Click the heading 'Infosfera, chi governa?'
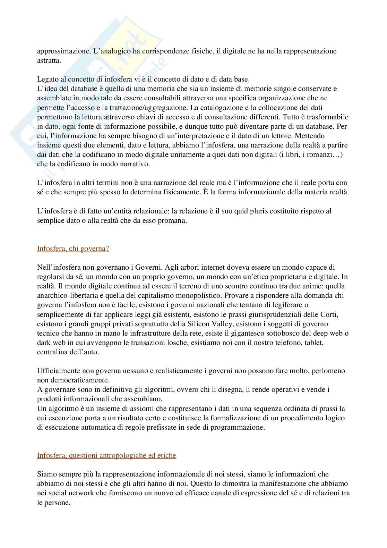pyautogui.click(x=73, y=248)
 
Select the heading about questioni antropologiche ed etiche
pyautogui.click(x=106, y=455)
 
